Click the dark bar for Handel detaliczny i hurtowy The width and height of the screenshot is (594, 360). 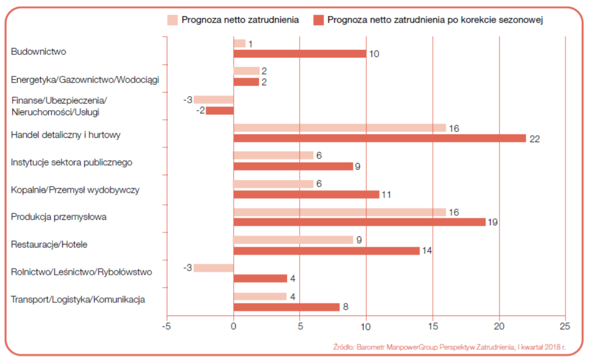[379, 138]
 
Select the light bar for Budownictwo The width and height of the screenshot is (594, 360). [240, 44]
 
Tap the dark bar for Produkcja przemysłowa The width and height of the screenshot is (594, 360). [359, 222]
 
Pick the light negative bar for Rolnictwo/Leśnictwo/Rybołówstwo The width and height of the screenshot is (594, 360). [214, 268]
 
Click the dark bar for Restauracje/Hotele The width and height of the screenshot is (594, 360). [326, 250]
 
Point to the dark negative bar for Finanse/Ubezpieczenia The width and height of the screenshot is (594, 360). [220, 111]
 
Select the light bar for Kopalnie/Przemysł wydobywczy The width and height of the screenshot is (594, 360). [273, 184]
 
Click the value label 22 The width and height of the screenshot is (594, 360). [534, 139]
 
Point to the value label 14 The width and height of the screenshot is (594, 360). [426, 250]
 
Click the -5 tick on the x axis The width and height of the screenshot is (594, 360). [166, 326]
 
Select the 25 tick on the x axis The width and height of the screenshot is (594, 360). [565, 326]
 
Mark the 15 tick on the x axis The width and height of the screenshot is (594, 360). [433, 326]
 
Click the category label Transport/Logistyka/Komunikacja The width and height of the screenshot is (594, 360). [78, 300]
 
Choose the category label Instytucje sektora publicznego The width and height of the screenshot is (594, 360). [71, 162]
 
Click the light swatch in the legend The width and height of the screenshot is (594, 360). [172, 20]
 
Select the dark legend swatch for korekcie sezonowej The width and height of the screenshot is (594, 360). [318, 20]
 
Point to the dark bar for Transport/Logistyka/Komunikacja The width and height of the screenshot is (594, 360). [286, 307]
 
